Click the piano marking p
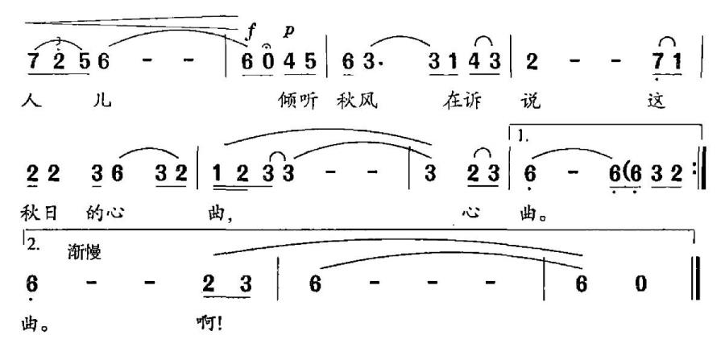289,31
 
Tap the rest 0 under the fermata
268,61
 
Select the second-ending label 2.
32,245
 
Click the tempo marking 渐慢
84,253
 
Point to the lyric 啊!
209,323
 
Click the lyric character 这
656,101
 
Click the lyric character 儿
102,101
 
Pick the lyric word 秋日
39,213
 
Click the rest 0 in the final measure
641,284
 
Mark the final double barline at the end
696,280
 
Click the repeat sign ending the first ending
698,173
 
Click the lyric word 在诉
461,101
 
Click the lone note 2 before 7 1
532,61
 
